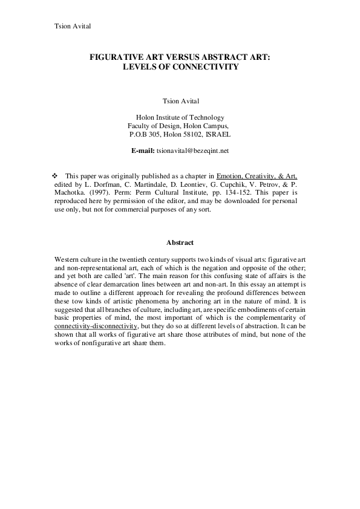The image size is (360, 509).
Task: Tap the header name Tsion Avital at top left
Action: coord(73,27)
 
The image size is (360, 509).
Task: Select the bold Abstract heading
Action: coord(180,243)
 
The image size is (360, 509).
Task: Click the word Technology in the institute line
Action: coord(207,117)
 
